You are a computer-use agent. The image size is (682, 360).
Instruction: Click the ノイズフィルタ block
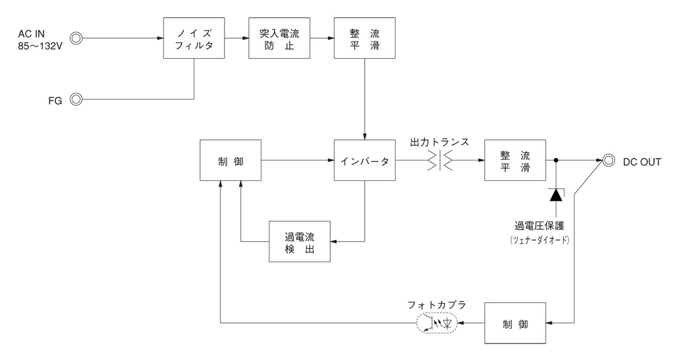194,38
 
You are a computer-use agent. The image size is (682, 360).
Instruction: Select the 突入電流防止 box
279,38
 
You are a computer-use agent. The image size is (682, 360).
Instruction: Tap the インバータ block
364,161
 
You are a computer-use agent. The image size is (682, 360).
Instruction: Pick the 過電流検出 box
300,242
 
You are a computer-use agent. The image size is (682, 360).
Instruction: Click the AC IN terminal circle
76,39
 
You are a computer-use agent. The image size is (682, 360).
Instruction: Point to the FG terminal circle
76,100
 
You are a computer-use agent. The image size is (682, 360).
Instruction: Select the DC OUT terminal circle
609,161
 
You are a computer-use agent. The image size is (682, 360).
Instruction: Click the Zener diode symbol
555,195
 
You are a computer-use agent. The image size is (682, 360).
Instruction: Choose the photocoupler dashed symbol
436,324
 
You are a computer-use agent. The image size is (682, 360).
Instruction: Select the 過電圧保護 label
541,226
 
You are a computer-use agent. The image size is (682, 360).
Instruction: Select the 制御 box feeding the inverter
231,161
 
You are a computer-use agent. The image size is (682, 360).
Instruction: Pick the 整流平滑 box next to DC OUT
515,161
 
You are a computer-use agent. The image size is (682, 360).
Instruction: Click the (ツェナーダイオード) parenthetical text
540,240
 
